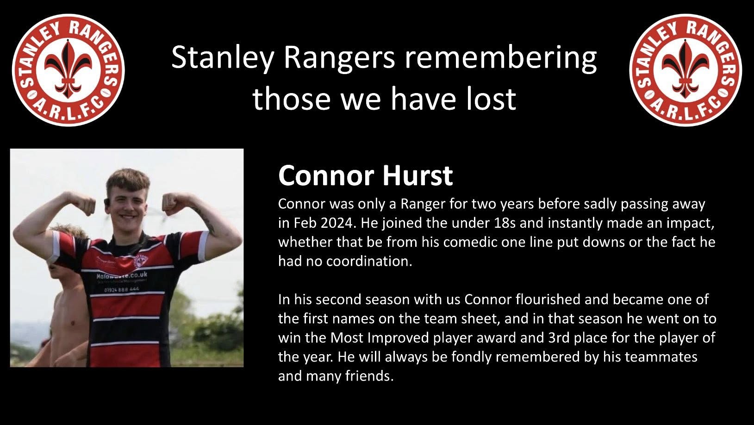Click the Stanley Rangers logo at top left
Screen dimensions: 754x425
click(69, 70)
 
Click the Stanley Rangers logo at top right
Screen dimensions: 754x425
click(685, 70)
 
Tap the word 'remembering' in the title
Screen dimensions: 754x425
click(500, 57)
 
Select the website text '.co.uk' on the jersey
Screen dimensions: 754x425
click(137, 275)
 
